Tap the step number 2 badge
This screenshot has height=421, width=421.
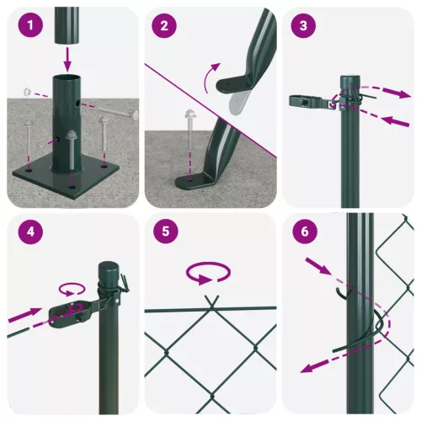(x=165, y=25)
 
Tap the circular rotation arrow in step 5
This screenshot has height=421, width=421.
(x=207, y=273)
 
